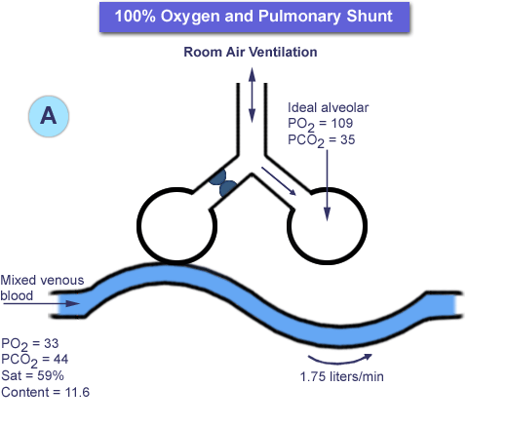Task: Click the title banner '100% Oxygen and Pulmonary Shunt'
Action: click(x=254, y=17)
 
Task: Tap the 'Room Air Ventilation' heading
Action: click(x=251, y=52)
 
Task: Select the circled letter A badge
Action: click(x=49, y=116)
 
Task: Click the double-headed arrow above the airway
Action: click(x=252, y=95)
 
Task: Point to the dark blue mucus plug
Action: click(x=222, y=183)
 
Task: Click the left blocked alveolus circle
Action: click(x=137, y=225)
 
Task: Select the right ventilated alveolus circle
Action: click(x=367, y=225)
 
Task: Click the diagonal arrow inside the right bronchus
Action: click(x=279, y=181)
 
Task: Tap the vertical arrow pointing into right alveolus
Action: click(x=327, y=185)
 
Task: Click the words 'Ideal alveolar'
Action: click(x=329, y=107)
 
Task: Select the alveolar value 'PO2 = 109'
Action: click(x=321, y=124)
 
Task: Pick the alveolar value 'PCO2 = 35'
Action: click(x=322, y=140)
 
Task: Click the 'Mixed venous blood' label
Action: click(x=42, y=288)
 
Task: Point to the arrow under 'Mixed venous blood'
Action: click(x=41, y=303)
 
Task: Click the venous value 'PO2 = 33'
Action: click(x=30, y=344)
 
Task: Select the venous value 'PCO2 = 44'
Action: click(x=35, y=361)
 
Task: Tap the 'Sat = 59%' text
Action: click(x=32, y=375)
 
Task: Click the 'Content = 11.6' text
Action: click(x=45, y=392)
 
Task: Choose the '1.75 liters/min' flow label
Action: click(x=341, y=376)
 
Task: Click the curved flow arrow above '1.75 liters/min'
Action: click(x=339, y=362)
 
